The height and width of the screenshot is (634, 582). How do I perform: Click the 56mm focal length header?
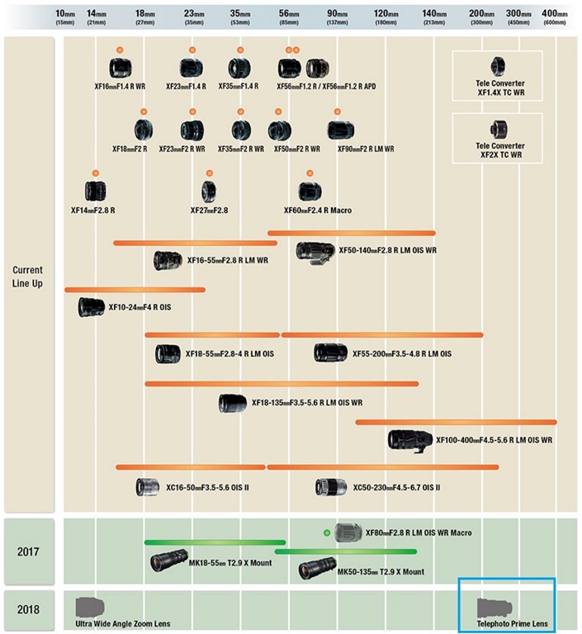(x=289, y=16)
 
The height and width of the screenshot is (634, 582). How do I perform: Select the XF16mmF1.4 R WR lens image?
(x=121, y=68)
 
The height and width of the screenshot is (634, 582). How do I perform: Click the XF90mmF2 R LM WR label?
(x=366, y=149)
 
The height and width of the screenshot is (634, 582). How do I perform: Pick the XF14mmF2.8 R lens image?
(x=95, y=192)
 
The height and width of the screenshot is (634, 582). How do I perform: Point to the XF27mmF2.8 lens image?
(x=210, y=192)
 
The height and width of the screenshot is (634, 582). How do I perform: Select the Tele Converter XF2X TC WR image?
(x=497, y=128)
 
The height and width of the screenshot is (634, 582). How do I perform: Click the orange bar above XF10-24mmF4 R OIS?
(x=135, y=290)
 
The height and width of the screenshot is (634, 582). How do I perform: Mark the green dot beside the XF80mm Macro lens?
(x=328, y=532)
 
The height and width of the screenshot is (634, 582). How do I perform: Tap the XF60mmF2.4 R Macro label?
(x=318, y=211)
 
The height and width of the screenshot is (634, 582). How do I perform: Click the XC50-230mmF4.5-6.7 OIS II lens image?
(x=331, y=487)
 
